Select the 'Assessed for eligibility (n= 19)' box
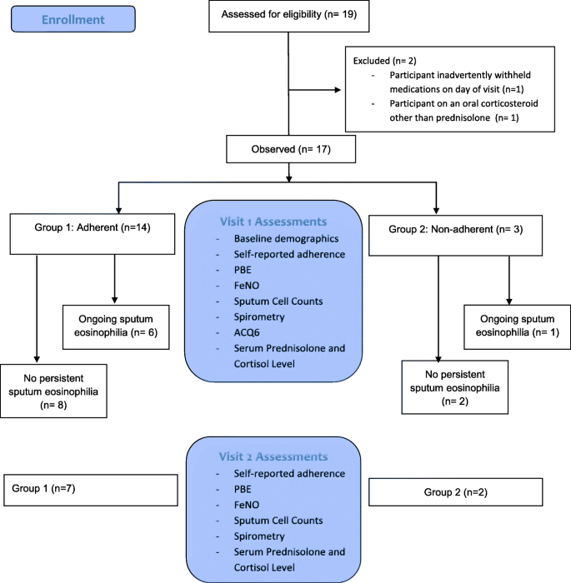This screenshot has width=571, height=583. pyautogui.click(x=288, y=15)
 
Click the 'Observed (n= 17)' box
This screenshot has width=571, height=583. pyautogui.click(x=288, y=151)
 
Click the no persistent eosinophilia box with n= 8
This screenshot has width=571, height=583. pyautogui.click(x=54, y=390)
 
